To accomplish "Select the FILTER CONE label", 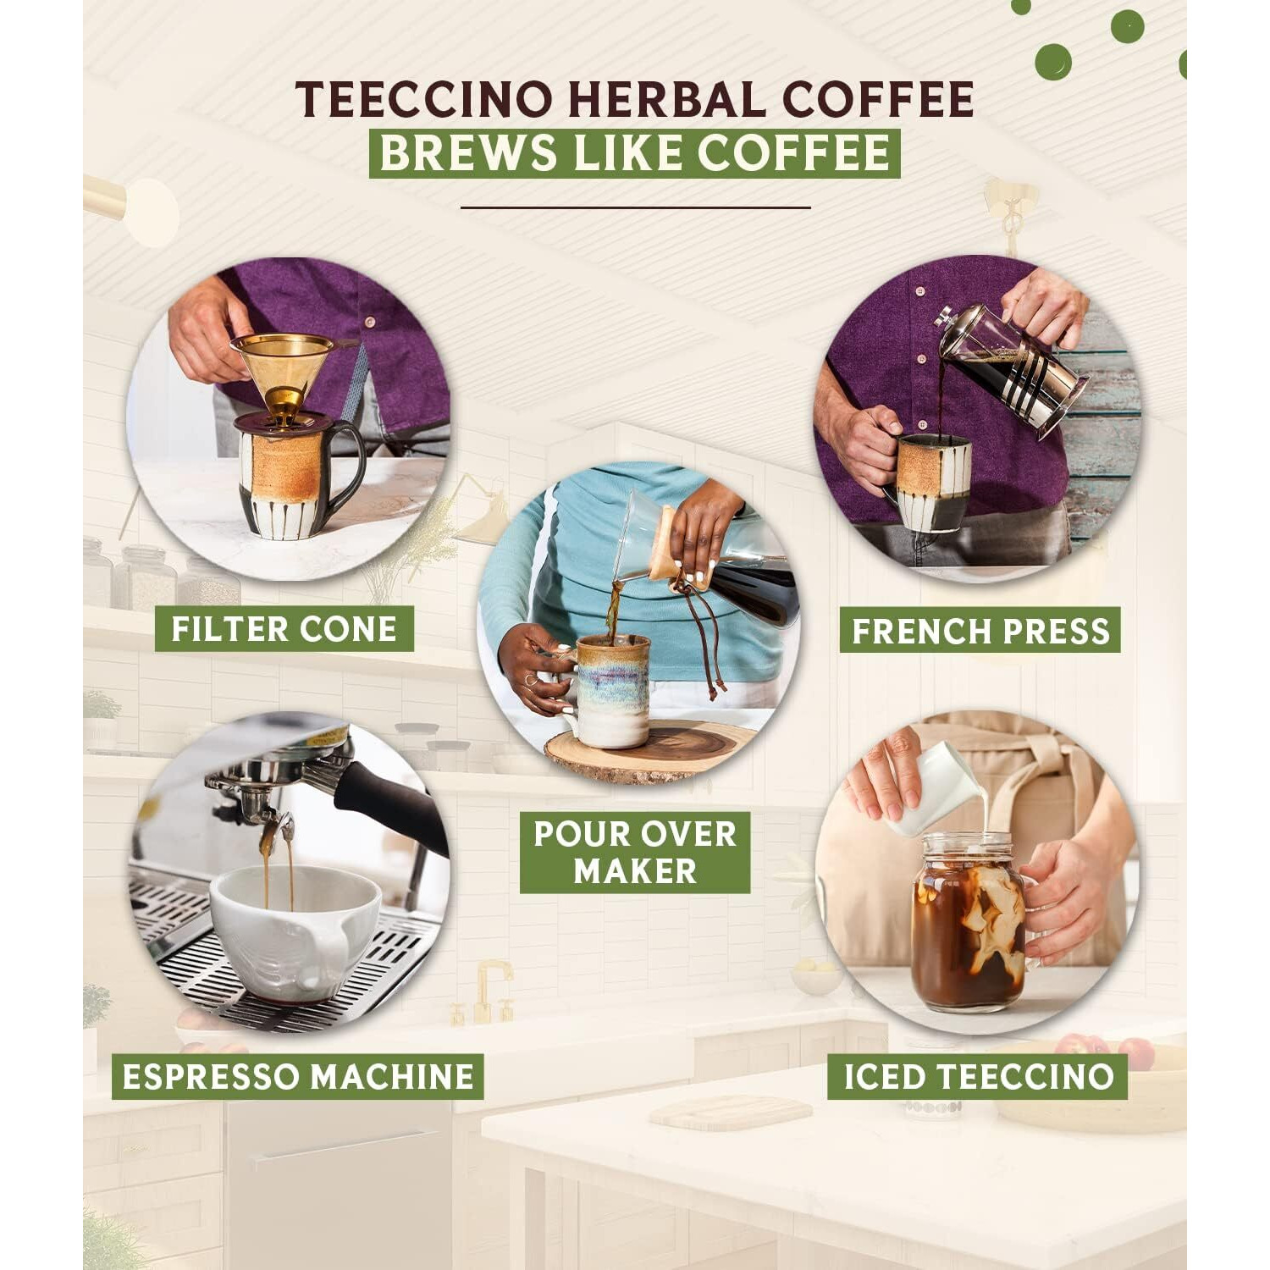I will pyautogui.click(x=284, y=629).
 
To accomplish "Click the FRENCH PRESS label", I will pyautogui.click(x=980, y=631).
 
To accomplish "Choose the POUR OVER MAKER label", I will pyautogui.click(x=634, y=852).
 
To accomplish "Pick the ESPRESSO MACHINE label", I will pyautogui.click(x=297, y=1076).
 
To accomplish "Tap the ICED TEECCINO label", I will pyautogui.click(x=977, y=1076).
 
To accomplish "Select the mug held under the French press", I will pyautogui.click(x=931, y=483).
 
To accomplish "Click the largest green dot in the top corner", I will pyautogui.click(x=1052, y=62).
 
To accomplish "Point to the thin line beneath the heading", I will pyautogui.click(x=635, y=207).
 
